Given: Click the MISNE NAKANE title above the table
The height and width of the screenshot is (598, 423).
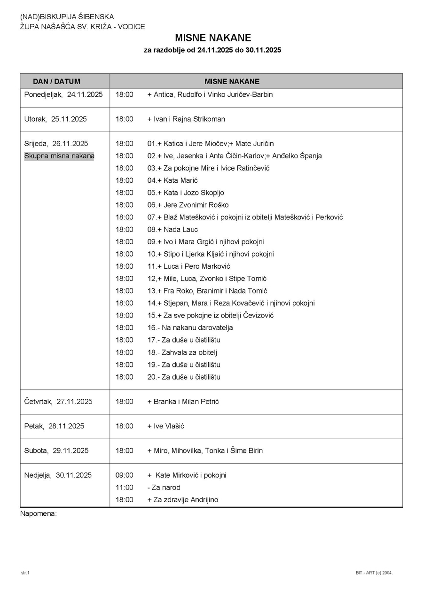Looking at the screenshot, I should point(213,38).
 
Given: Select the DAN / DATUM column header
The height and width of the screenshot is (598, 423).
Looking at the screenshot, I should point(57,81).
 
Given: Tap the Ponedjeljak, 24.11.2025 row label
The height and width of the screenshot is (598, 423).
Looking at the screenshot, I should point(63,94).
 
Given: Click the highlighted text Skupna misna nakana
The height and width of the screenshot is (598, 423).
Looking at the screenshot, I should point(59,156).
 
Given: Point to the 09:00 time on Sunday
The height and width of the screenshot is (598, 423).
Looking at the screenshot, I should point(125,475).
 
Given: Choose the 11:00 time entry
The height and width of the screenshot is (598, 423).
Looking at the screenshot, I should point(125,488).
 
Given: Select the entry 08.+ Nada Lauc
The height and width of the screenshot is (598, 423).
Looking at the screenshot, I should point(172,230).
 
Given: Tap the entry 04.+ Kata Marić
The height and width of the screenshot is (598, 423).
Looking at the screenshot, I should point(172,180).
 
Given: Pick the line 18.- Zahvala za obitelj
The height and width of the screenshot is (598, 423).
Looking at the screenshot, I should point(182,352).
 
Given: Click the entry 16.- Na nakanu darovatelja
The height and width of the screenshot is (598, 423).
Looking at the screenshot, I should point(190,328).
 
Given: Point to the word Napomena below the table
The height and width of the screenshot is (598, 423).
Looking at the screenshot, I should point(38,513).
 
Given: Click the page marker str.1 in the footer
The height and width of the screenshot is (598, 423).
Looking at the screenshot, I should point(25,573).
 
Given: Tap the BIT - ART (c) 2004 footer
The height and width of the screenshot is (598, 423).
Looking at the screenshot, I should point(374,573).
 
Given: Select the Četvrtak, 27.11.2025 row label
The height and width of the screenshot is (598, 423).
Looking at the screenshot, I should point(58,402).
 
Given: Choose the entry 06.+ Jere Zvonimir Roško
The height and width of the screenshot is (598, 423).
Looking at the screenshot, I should point(188,205).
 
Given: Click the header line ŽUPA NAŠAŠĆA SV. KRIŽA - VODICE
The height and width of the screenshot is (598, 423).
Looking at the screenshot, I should point(82,27).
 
